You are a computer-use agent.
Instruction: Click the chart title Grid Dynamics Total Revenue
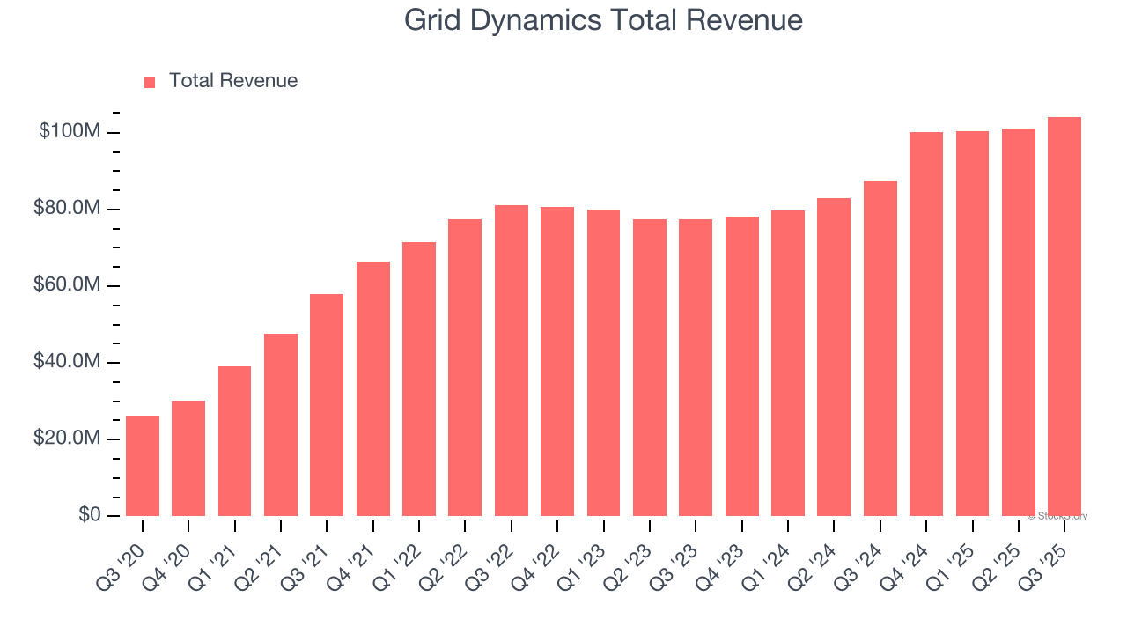pyautogui.click(x=603, y=20)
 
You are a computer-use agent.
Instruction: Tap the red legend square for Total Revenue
pyautogui.click(x=150, y=82)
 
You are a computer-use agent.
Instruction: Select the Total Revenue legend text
pyautogui.click(x=233, y=81)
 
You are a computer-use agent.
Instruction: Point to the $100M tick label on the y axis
pyautogui.click(x=69, y=132)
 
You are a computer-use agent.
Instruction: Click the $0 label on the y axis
pyautogui.click(x=88, y=515)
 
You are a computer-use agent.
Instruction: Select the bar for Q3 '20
pyautogui.click(x=143, y=466)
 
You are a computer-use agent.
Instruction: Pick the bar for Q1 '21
pyautogui.click(x=234, y=441)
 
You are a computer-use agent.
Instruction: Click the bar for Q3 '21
pyautogui.click(x=327, y=405)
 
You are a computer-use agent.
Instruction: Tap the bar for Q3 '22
pyautogui.click(x=512, y=361)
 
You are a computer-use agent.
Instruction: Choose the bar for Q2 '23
pyautogui.click(x=650, y=368)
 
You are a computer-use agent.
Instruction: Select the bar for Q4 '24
pyautogui.click(x=926, y=324)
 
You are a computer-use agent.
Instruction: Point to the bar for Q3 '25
pyautogui.click(x=1064, y=317)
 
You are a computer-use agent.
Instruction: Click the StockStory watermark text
pyautogui.click(x=1057, y=516)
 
